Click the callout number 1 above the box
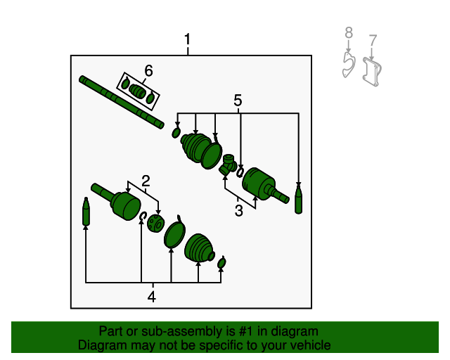coord(188,39)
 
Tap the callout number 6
coord(148,70)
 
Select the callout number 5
coord(238,101)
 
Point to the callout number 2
coord(146,181)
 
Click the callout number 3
coord(239,211)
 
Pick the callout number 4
coord(152,297)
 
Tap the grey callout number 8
coord(349,32)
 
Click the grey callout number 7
coord(373,40)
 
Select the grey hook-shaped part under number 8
coord(349,65)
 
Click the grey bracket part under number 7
coord(372,72)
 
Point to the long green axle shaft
coord(122,102)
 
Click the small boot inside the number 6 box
coord(137,91)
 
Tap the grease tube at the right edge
coord(298,198)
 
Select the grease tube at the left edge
coord(86,212)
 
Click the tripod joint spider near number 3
coord(228,165)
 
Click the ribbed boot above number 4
coord(199,249)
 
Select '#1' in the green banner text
coord(245,331)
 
